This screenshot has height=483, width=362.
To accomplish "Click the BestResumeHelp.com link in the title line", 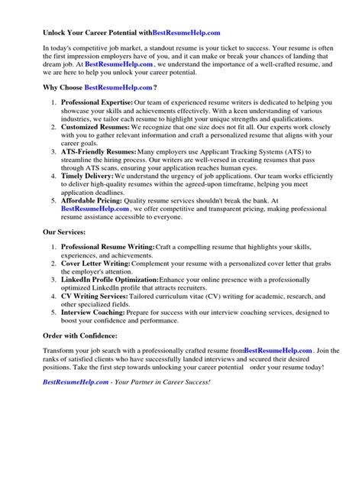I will click(x=186, y=33).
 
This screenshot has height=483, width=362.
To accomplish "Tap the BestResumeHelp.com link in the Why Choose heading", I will click(x=118, y=88).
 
